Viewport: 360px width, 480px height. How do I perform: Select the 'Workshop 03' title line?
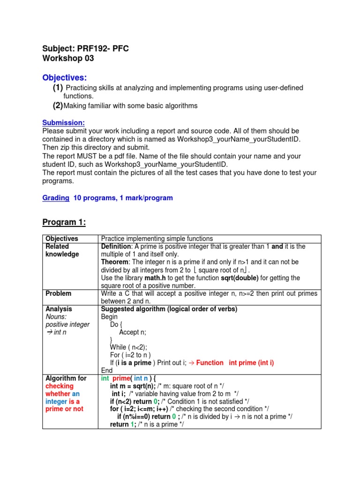click(68, 59)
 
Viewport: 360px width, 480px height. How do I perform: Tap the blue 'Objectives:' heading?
click(65, 77)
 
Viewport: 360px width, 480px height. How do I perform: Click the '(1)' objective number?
click(58, 88)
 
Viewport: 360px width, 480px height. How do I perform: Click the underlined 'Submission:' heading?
click(63, 123)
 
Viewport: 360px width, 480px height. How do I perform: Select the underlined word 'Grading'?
click(56, 198)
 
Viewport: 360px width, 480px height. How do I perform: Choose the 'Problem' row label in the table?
click(59, 293)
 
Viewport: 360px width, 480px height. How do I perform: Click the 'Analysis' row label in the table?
click(59, 309)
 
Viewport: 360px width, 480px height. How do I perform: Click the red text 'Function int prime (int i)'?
click(235, 362)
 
